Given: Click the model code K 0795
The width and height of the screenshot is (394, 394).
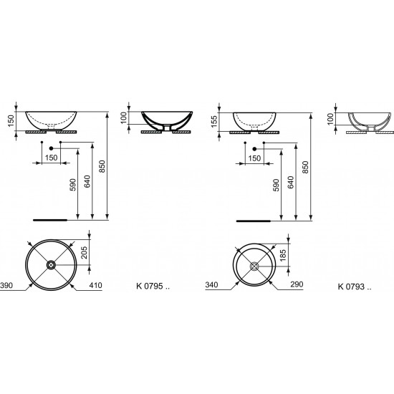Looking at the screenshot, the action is [150, 286].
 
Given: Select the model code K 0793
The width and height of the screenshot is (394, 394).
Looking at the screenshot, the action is [351, 287].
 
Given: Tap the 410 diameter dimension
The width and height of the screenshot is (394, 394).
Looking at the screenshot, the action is [96, 285].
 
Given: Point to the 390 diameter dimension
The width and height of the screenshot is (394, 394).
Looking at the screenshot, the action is [6, 285].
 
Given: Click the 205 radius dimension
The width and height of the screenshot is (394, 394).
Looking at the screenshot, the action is [85, 253].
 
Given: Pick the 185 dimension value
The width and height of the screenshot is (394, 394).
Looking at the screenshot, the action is [283, 255].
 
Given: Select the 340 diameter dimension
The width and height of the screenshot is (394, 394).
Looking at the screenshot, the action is [211, 284].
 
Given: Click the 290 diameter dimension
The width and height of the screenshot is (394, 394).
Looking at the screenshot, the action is [297, 284].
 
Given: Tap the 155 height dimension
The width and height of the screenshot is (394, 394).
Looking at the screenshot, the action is [214, 122].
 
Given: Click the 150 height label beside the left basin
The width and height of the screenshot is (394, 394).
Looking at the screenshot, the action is [11, 121].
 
